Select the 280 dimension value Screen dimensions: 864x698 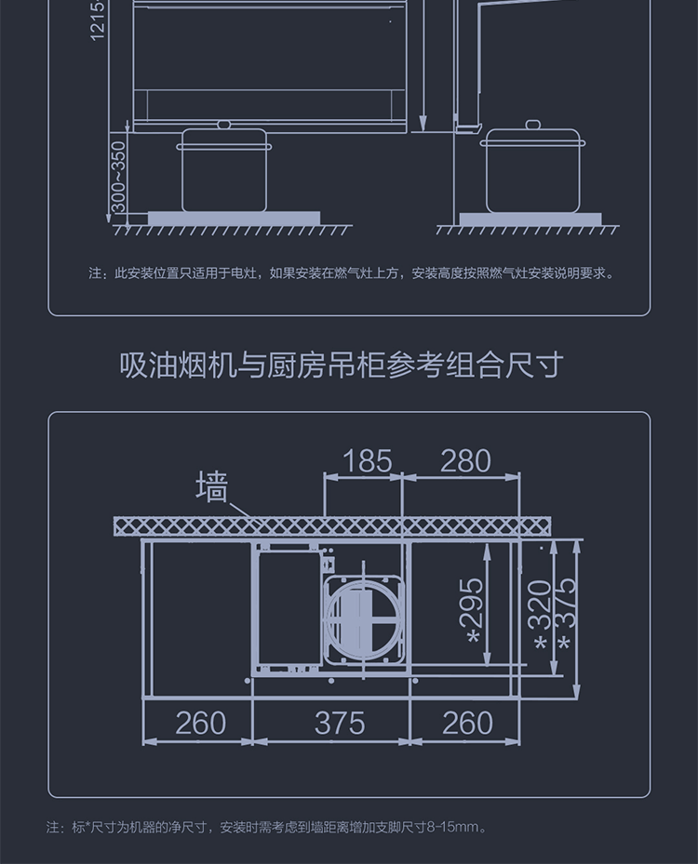click(x=465, y=460)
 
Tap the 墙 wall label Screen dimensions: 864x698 click(x=212, y=486)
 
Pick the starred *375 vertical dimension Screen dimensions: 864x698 click(x=565, y=618)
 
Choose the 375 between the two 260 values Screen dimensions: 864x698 click(x=339, y=723)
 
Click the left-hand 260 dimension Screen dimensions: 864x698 click(x=200, y=723)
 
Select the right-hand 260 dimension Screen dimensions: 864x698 click(x=466, y=723)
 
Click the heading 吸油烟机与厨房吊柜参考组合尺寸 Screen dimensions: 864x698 click(x=342, y=365)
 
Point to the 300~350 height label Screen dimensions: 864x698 click(x=118, y=177)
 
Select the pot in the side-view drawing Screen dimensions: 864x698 click(x=533, y=171)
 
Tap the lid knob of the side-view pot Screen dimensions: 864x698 click(x=533, y=125)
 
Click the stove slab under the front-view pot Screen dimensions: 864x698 click(x=234, y=219)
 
